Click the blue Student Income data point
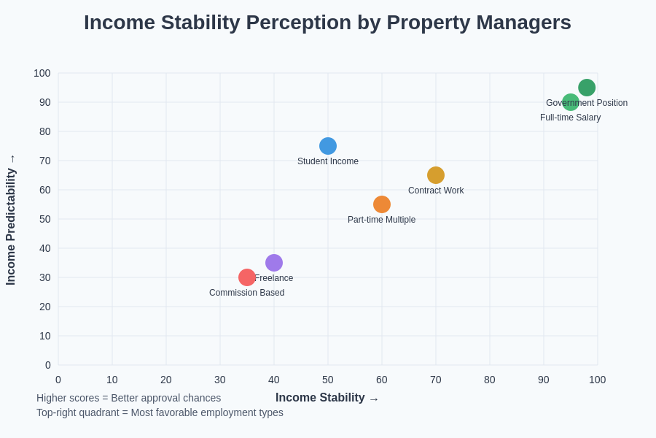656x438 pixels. click(x=328, y=146)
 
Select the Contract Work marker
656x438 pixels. click(x=436, y=175)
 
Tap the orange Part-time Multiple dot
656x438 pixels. click(x=382, y=204)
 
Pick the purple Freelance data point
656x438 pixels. click(x=274, y=263)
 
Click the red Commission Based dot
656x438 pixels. click(x=247, y=277)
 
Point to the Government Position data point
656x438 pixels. click(x=587, y=87)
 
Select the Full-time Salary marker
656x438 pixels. click(x=570, y=103)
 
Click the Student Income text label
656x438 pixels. click(x=328, y=161)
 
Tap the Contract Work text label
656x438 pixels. click(x=436, y=191)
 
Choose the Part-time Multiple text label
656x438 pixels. click(x=381, y=220)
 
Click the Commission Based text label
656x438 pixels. click(x=246, y=293)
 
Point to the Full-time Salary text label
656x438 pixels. click(x=570, y=118)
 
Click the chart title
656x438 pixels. click(x=327, y=23)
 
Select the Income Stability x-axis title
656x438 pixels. click(x=320, y=398)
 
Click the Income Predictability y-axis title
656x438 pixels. click(x=11, y=226)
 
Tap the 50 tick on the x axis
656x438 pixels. click(x=328, y=380)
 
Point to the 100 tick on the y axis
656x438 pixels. click(x=42, y=73)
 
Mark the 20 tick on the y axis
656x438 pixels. click(x=45, y=307)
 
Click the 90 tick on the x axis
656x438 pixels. click(x=544, y=380)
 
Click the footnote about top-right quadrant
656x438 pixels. click(x=160, y=412)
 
